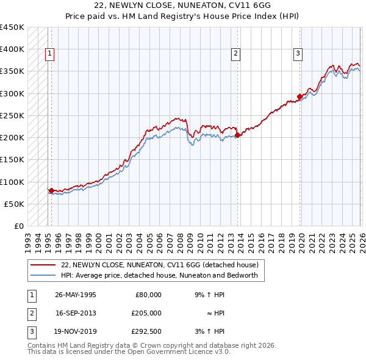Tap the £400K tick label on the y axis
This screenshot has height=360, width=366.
click(x=12, y=49)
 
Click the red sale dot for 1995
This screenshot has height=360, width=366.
click(x=51, y=190)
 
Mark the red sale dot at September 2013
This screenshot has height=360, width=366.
click(x=237, y=135)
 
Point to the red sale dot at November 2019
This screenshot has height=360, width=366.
click(x=300, y=96)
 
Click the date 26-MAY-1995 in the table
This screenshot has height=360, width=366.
click(x=76, y=294)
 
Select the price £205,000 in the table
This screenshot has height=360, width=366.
click(x=146, y=313)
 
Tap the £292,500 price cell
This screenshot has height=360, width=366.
click(x=146, y=332)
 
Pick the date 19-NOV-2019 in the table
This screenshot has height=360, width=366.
click(x=76, y=332)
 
